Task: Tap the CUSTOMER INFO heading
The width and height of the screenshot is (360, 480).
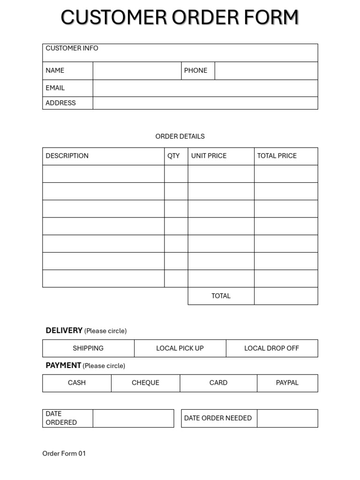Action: (72, 48)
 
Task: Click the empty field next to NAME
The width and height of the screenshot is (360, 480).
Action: (137, 71)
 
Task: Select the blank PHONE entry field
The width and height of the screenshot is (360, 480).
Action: (266, 71)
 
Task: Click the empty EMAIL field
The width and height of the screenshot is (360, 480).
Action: (205, 88)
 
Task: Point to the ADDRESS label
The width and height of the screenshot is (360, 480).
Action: (60, 103)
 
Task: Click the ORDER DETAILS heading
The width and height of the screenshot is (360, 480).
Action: (180, 136)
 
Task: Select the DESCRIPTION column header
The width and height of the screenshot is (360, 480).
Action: (67, 156)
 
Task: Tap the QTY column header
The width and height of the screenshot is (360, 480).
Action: (173, 156)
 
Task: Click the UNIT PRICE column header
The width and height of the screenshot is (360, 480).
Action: (209, 156)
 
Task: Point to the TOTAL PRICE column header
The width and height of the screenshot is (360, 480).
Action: (277, 156)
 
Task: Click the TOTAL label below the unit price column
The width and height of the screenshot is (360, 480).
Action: (221, 296)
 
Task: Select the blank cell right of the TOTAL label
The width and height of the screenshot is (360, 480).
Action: (286, 296)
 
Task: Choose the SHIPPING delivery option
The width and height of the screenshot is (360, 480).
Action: (88, 348)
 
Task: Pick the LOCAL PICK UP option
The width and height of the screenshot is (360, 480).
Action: (180, 348)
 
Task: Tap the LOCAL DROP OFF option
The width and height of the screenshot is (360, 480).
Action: (271, 348)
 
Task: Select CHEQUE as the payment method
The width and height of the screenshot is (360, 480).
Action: (145, 383)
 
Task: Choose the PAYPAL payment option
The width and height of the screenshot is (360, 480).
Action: (287, 383)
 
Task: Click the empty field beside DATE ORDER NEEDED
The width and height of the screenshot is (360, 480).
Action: (287, 418)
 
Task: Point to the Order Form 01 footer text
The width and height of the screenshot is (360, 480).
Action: (64, 454)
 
